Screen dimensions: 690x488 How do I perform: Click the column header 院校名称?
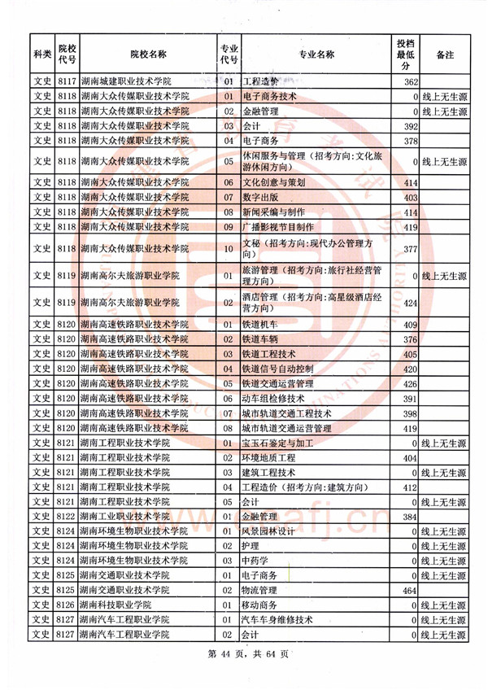pyautogui.click(x=147, y=55)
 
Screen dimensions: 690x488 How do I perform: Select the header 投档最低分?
pyautogui.click(x=404, y=55)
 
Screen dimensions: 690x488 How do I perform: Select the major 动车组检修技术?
pyautogui.click(x=273, y=398)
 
